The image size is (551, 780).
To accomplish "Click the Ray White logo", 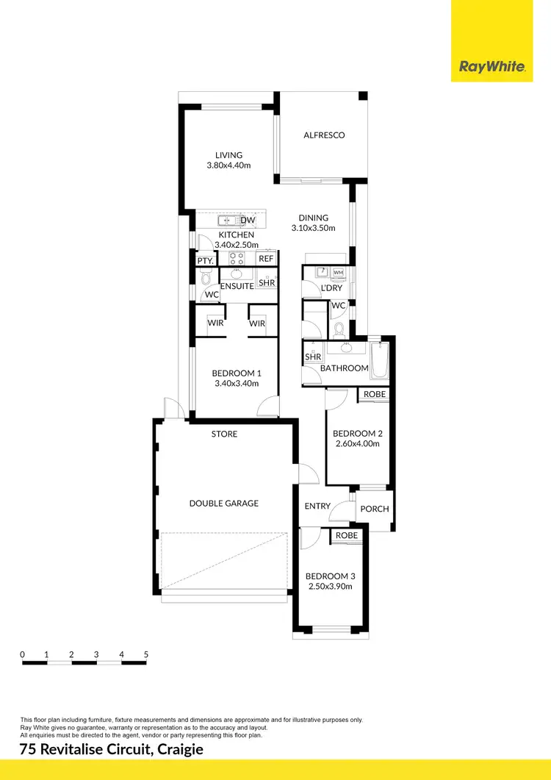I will (x=491, y=67).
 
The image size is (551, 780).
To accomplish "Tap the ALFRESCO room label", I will (x=324, y=135).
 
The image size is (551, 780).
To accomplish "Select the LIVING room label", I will (x=228, y=155).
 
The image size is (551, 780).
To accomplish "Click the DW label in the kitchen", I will (x=248, y=221).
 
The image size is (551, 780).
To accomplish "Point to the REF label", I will (x=266, y=259).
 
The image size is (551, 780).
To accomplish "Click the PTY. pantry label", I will (x=205, y=260).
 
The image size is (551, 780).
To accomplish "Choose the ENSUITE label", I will (x=237, y=286).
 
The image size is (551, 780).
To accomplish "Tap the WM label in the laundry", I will (x=338, y=273).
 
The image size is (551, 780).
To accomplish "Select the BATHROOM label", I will (x=344, y=368).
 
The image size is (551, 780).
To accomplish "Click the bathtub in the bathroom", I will (x=379, y=364).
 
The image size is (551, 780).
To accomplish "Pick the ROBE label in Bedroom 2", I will (x=374, y=395).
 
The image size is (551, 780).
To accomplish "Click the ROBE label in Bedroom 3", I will (x=347, y=536).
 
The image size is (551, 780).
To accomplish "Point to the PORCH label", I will (x=375, y=509).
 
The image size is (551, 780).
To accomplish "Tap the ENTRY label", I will (x=317, y=507).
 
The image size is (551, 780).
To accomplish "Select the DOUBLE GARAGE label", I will (x=224, y=504).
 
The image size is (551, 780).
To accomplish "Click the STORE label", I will (x=224, y=434).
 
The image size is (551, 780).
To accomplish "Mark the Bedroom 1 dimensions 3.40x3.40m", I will (x=233, y=384).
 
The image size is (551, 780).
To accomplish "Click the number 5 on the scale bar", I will (x=146, y=654).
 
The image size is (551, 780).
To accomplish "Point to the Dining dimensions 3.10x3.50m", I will (x=313, y=228).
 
